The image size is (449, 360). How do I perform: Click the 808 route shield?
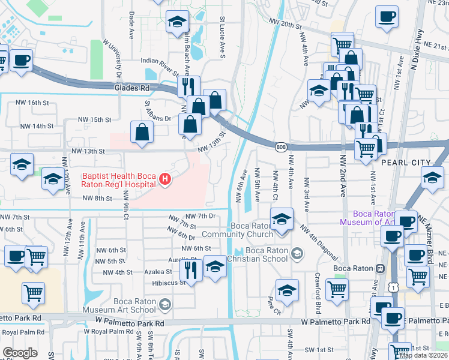(x=281, y=146)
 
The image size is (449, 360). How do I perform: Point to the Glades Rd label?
(x=131, y=88)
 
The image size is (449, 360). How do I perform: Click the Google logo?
(x=20, y=352)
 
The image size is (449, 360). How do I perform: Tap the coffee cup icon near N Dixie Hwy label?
(x=387, y=16)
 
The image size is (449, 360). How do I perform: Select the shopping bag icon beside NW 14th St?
(x=141, y=132)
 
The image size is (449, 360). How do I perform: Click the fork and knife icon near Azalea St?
(x=190, y=269)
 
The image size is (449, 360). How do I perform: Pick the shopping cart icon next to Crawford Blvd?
(x=337, y=289)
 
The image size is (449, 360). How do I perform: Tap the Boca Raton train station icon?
(x=379, y=268)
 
